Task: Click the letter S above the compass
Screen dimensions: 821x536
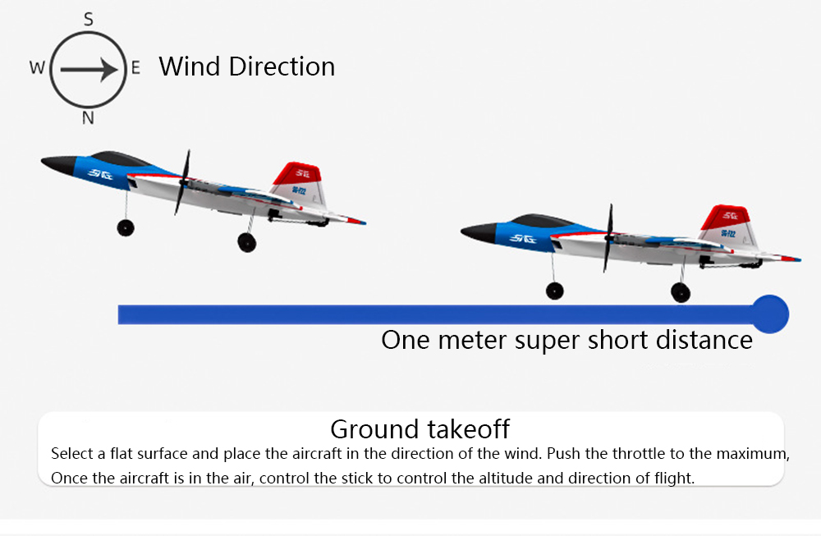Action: click(89, 20)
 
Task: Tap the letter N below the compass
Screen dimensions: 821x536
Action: click(88, 117)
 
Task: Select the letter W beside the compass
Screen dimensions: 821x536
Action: click(37, 67)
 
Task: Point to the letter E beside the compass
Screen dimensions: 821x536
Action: click(135, 67)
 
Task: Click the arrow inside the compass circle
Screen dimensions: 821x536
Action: click(89, 70)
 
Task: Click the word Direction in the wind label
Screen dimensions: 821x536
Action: click(282, 66)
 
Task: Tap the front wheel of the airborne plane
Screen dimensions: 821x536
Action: click(126, 227)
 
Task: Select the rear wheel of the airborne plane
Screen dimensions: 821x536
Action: click(246, 242)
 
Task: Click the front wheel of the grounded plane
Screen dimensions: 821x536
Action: click(554, 291)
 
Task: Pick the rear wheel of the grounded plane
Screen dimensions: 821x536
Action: click(680, 292)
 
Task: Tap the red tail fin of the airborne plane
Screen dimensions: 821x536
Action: click(297, 173)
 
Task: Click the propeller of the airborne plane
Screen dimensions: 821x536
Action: click(182, 182)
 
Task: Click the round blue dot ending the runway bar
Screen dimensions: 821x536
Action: click(770, 314)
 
